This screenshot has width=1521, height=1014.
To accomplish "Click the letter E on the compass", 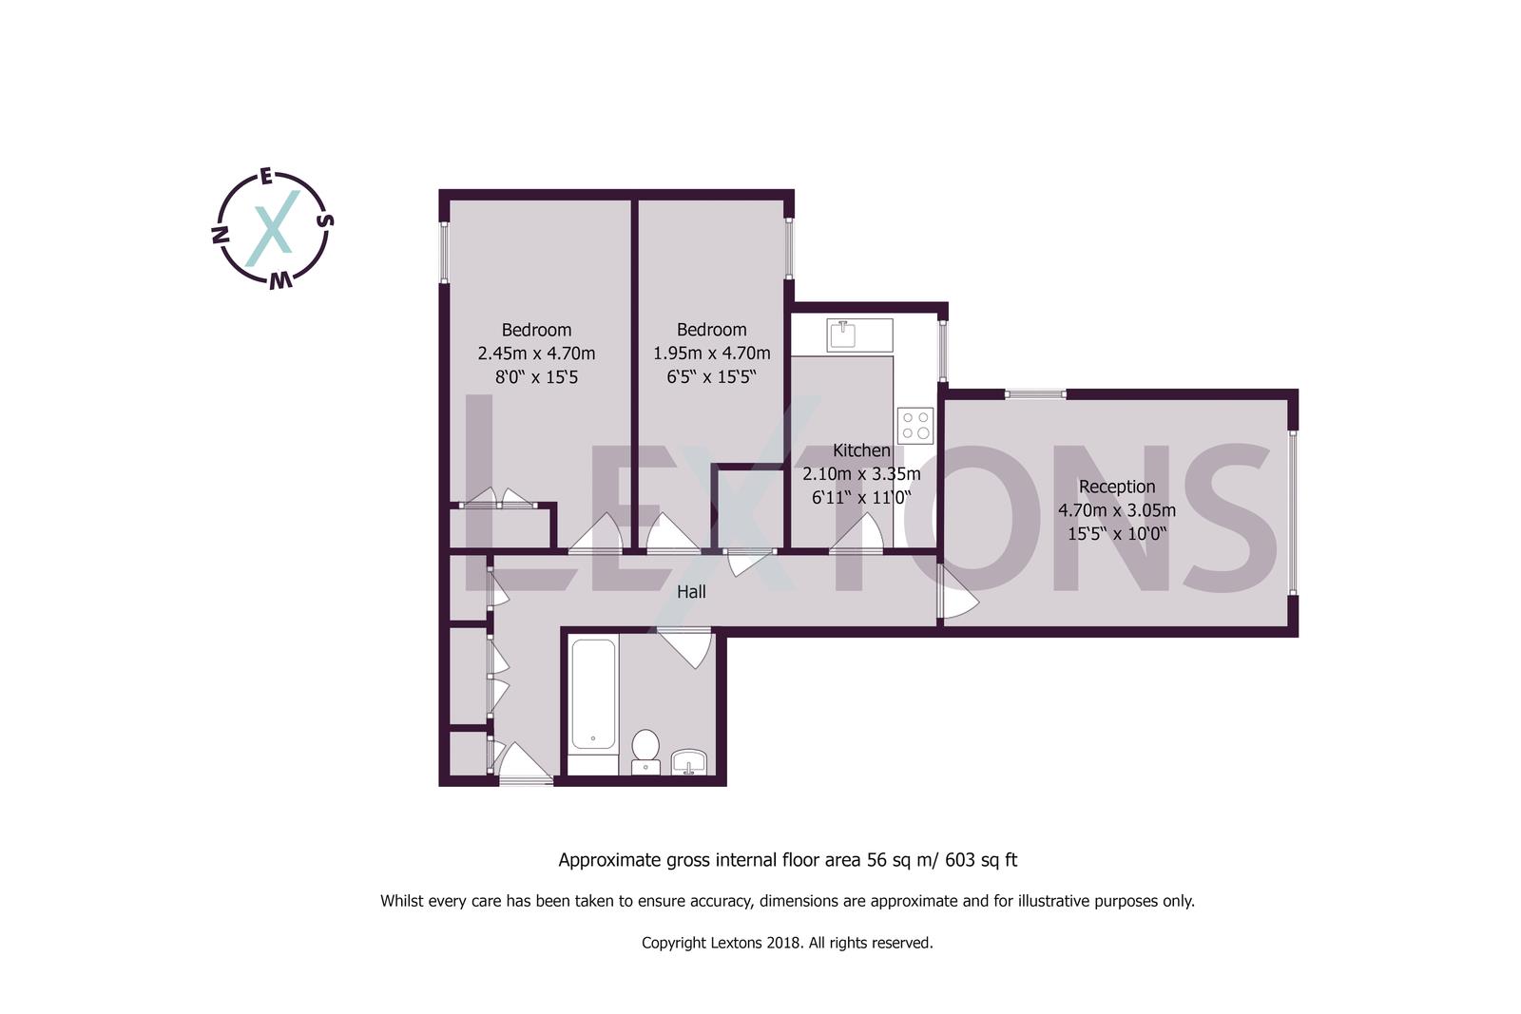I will point(267,177).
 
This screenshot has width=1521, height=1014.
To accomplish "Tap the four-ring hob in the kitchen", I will point(915,425).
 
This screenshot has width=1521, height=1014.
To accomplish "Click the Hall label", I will point(691,592).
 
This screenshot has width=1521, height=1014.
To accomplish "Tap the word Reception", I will point(1117,487).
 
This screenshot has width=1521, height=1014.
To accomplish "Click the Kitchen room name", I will point(861,450).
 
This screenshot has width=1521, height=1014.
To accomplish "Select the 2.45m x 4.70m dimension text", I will point(536,354).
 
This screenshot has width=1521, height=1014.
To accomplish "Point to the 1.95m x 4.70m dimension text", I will point(711,354).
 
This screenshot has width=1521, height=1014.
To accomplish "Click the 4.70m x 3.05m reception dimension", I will point(1116,510).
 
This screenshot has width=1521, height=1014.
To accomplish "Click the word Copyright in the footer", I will point(673,944).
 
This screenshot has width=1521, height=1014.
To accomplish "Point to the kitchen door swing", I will point(858,535).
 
